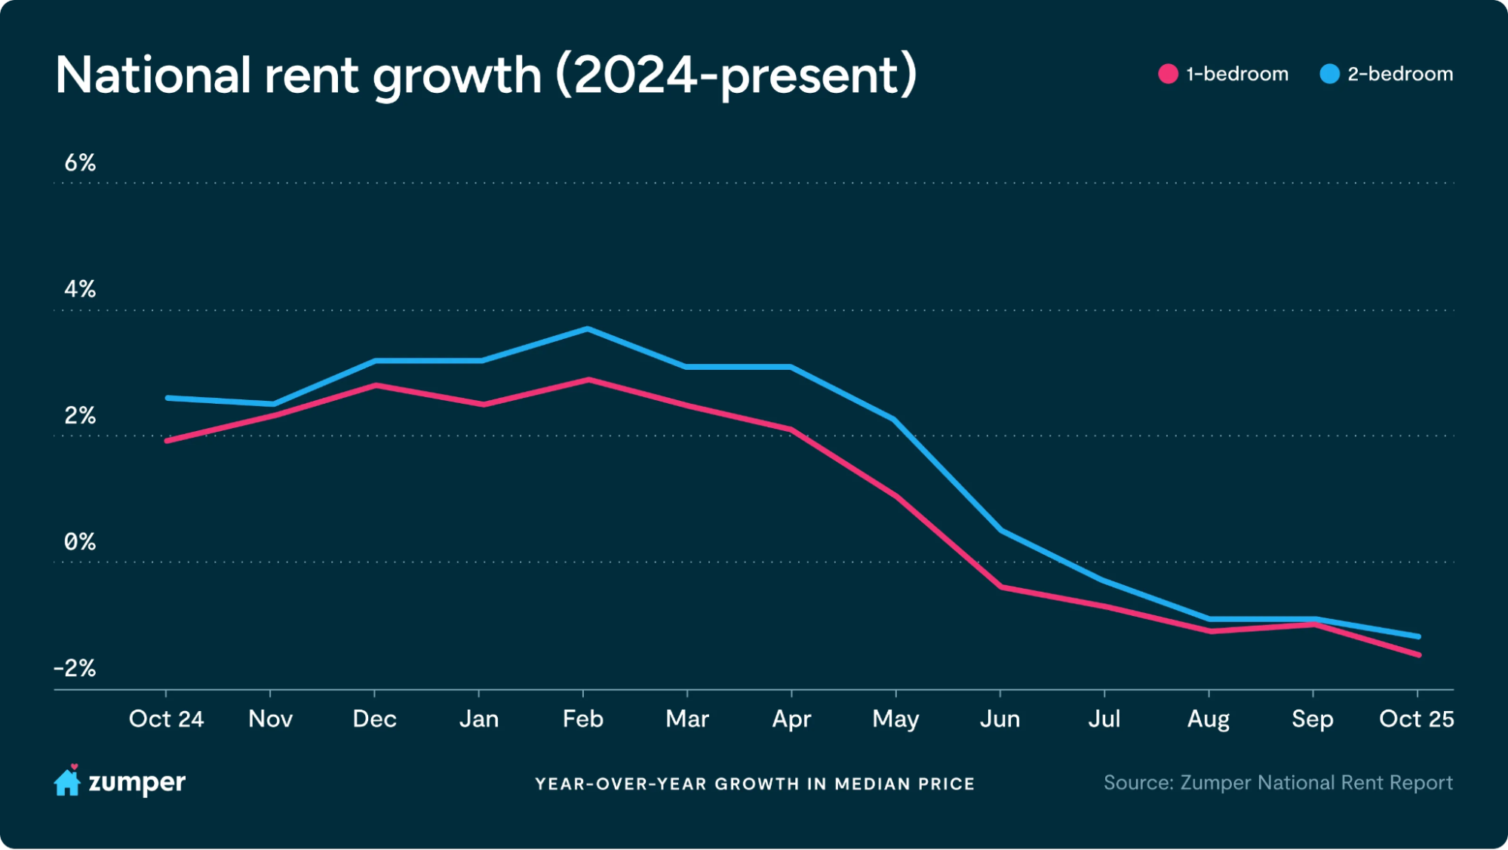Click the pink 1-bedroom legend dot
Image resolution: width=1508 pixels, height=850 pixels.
point(1168,74)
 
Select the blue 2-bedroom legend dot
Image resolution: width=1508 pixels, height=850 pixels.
point(1329,74)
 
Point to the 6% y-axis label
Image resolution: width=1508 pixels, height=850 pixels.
point(80,162)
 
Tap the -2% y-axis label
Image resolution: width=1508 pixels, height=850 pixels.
point(75,668)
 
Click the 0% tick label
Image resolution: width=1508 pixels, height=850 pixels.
point(80,541)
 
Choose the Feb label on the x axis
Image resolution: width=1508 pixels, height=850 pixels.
point(582,719)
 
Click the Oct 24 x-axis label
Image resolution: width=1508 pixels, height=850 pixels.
point(166,719)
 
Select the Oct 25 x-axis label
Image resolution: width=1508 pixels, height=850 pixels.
point(1416,719)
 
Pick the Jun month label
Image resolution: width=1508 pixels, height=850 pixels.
point(1000,719)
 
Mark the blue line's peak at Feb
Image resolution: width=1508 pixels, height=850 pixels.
point(587,329)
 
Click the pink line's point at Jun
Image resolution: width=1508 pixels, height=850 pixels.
point(1001,587)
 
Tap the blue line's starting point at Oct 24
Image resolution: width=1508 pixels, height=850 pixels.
point(167,398)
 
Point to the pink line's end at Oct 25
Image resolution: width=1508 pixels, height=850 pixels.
point(1418,654)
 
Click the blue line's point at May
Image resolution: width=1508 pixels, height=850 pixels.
point(895,420)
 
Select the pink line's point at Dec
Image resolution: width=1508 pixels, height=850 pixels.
point(375,385)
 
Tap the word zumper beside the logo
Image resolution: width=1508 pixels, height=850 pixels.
point(137,783)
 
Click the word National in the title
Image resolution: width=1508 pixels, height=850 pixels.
point(153,75)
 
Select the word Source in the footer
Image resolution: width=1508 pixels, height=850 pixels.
point(1137,783)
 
